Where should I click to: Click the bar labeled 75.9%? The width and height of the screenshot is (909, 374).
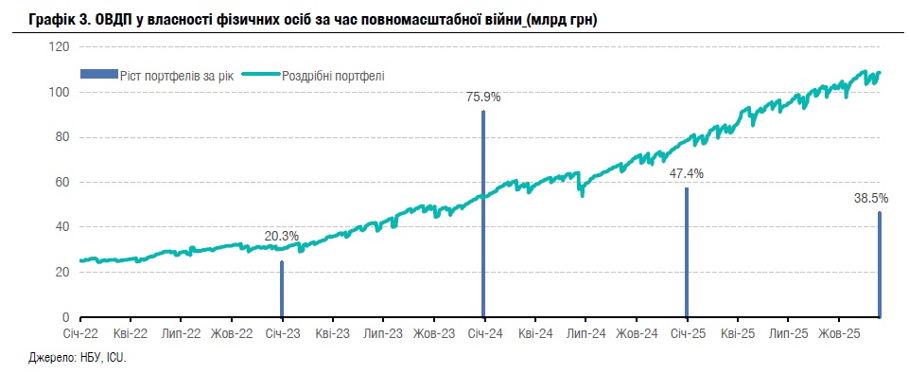point(483,214)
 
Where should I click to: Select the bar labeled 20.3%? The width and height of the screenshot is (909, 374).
point(282,289)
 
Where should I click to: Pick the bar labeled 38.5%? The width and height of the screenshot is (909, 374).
point(880,264)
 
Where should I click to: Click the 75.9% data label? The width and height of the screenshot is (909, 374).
point(483,97)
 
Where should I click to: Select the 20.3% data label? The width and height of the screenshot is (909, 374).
point(282,236)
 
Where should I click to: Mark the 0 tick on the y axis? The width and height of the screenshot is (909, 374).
point(65,317)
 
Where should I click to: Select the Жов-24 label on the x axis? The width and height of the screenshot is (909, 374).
point(636,334)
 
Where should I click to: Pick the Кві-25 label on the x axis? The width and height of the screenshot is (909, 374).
point(737,334)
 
